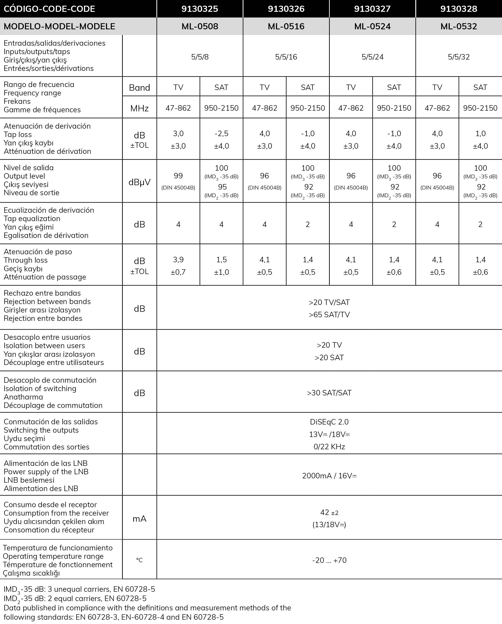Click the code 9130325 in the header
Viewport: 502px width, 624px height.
pos(199,9)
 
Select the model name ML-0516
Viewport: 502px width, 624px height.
pos(286,26)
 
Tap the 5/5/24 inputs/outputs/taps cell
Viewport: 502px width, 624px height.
pos(372,57)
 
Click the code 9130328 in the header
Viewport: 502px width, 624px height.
pos(458,9)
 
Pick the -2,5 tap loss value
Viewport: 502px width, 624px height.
pos(221,133)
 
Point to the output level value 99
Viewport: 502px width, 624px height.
pos(178,176)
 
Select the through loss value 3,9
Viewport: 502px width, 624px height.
pos(178,260)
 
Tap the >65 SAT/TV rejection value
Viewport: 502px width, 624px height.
pos(329,314)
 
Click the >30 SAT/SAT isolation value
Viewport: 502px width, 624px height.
pos(329,393)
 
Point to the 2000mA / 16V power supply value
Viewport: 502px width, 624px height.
pos(329,476)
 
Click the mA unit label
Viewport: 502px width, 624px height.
pos(139,519)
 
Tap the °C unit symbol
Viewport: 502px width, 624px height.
pos(139,560)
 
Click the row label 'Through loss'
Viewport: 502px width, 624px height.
pos(26,260)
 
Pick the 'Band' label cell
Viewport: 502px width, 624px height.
pos(139,87)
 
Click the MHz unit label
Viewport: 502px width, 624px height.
pos(139,108)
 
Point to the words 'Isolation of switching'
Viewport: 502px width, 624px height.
pos(40,388)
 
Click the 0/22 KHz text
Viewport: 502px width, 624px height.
pos(329,447)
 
